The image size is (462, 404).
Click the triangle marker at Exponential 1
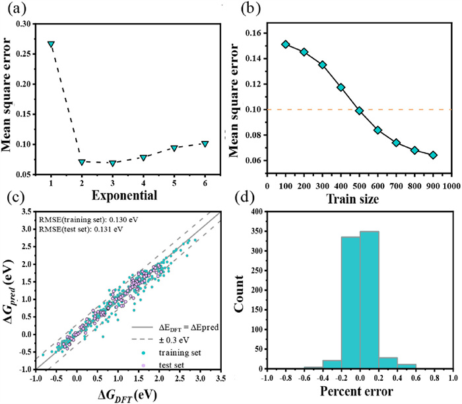(x=51, y=44)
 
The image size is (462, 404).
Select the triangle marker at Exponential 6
(x=205, y=143)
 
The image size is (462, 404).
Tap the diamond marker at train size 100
(x=285, y=44)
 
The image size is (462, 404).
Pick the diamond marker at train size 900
(x=433, y=155)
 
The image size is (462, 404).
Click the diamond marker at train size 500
(x=359, y=110)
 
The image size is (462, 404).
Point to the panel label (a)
(x=15, y=9)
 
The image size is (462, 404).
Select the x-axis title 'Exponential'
(x=126, y=196)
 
